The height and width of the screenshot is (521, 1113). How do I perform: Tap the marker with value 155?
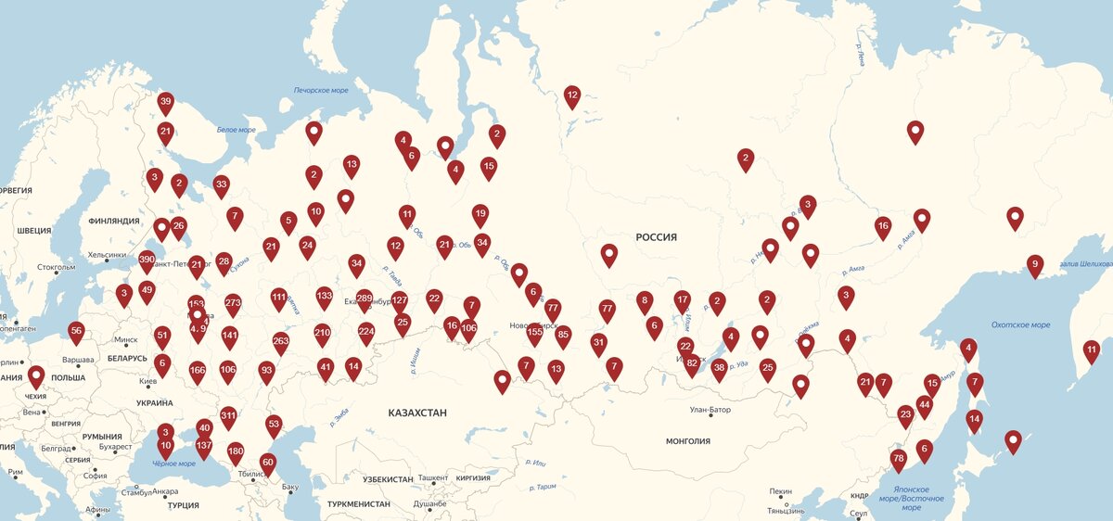534,331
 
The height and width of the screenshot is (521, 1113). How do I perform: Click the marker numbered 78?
898,459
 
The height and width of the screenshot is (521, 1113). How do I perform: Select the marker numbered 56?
76,331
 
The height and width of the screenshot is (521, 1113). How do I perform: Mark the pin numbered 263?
281,341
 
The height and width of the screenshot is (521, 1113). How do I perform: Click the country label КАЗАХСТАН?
417,413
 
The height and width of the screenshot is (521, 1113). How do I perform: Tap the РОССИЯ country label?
656,237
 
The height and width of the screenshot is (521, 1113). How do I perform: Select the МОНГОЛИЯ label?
688,441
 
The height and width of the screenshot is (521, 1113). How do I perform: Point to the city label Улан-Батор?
710,410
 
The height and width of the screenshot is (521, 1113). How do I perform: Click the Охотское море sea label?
1020,325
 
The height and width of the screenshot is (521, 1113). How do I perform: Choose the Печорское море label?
321,91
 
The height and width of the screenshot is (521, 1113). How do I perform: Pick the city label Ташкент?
433,478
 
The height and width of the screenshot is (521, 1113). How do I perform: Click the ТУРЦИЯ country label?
183,505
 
